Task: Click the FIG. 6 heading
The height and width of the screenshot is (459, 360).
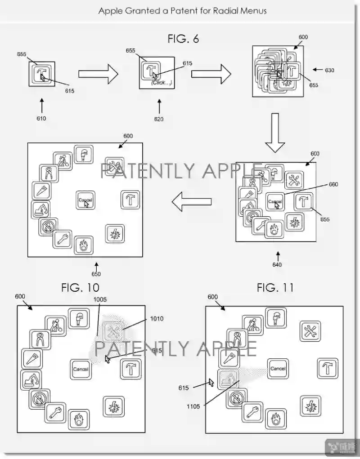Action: (x=183, y=39)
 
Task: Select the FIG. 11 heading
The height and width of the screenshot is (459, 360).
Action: (x=275, y=287)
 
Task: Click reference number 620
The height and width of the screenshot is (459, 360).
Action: (x=158, y=119)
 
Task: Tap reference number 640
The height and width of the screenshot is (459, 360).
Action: (x=277, y=264)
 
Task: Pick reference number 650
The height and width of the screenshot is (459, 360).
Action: (x=96, y=274)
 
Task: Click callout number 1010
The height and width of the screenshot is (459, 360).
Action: (x=157, y=319)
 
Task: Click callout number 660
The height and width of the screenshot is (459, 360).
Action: (x=333, y=184)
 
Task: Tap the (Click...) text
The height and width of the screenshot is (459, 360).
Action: (x=161, y=82)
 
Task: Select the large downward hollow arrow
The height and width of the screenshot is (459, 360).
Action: (x=274, y=134)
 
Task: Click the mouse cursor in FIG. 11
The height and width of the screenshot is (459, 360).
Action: (x=210, y=383)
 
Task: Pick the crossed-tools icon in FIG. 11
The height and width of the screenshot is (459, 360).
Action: (x=310, y=330)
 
